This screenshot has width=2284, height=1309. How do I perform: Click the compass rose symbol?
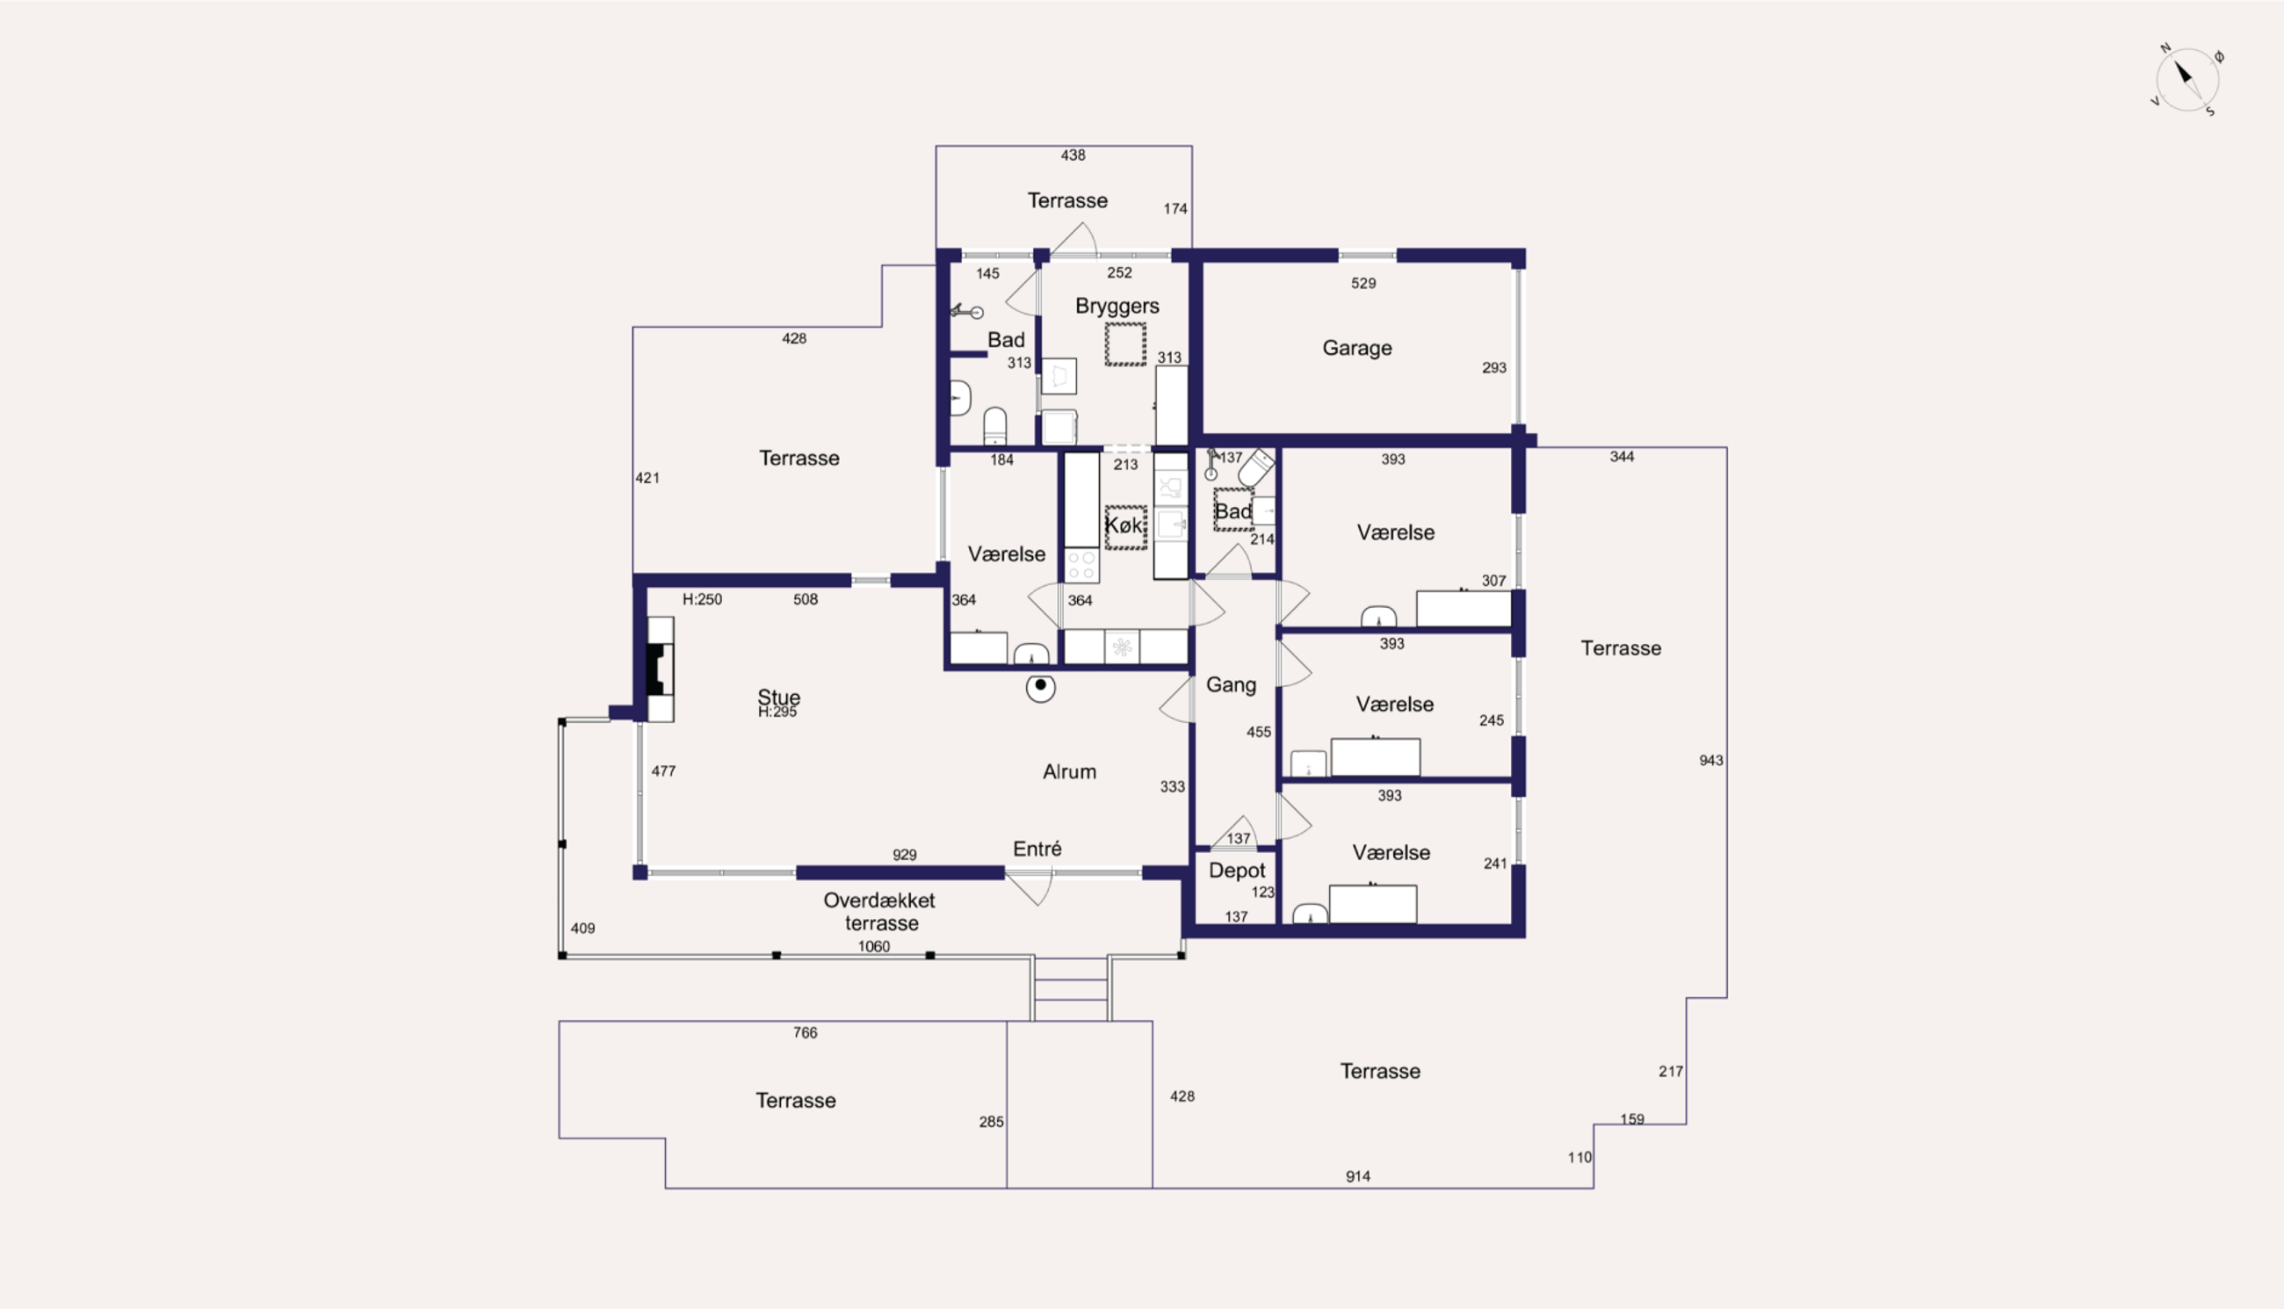pos(2186,80)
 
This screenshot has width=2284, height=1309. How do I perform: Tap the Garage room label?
pos(1356,348)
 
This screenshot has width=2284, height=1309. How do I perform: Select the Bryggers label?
pos(1117,306)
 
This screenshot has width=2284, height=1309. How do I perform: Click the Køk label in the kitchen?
pos(1124,525)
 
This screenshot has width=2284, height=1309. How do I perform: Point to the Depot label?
pos(1237,871)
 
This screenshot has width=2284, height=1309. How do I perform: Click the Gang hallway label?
pos(1231,685)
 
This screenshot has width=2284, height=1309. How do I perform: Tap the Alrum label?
pos(1069,771)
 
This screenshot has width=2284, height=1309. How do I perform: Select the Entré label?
pos(1037,849)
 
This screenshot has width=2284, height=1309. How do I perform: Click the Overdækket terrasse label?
pos(880,912)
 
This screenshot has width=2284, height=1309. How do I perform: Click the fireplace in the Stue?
pos(661,669)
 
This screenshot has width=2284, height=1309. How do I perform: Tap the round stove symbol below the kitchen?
pos(1040,688)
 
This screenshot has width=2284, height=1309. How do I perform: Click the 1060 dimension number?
pos(874,946)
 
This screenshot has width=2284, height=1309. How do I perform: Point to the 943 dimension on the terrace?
pos(1710,761)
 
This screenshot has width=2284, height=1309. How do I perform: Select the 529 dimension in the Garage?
pos(1362,283)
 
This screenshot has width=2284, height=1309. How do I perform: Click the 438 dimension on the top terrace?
pos(1073,155)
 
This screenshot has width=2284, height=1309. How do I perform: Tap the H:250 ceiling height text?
pos(702,600)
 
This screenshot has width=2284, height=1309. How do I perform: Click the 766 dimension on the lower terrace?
pos(805,1033)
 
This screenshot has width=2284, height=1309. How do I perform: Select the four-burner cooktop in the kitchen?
pos(1081,566)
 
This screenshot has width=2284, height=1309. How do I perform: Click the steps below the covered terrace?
pos(1071,988)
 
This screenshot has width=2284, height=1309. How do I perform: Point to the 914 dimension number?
pos(1357,1177)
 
